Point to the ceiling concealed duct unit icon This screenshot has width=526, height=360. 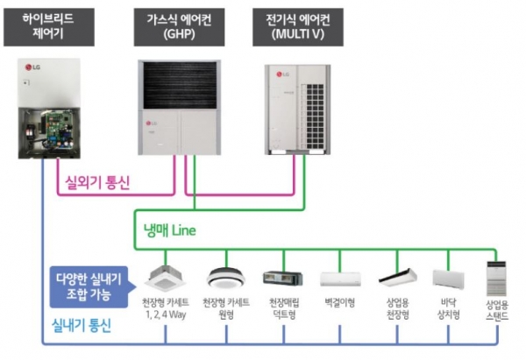(x=282, y=279)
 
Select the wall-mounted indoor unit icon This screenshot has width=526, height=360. (x=340, y=279)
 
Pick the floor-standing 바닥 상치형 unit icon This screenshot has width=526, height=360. (x=452, y=279)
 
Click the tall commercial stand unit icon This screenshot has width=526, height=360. (x=497, y=277)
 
